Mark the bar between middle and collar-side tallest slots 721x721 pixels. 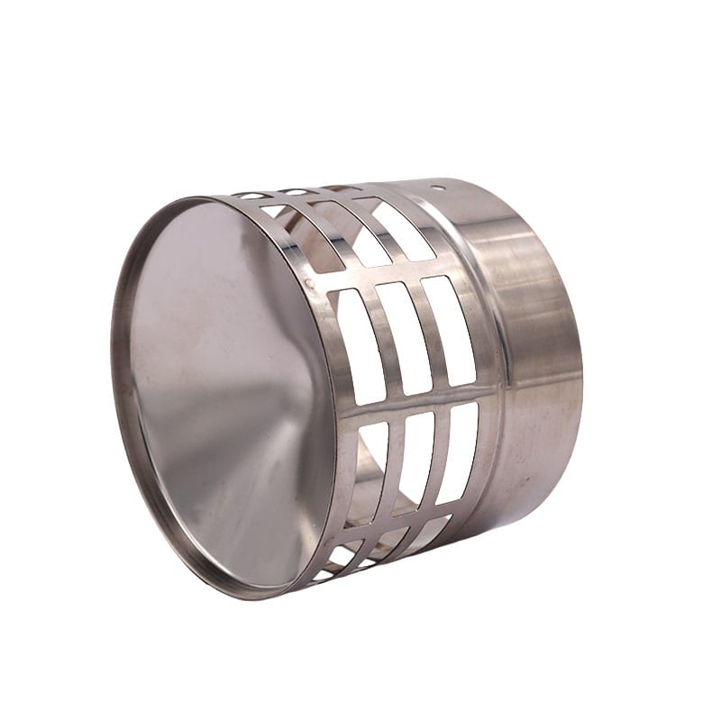(425, 334)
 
